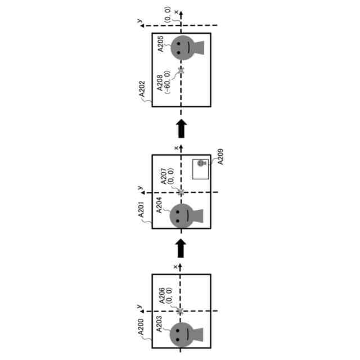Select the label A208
pyautogui.click(x=161, y=80)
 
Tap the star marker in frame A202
pyautogui.click(x=181, y=71)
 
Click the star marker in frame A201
pyautogui.click(x=181, y=192)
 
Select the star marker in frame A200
pyautogui.click(x=180, y=310)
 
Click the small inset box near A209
pyautogui.click(x=201, y=169)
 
